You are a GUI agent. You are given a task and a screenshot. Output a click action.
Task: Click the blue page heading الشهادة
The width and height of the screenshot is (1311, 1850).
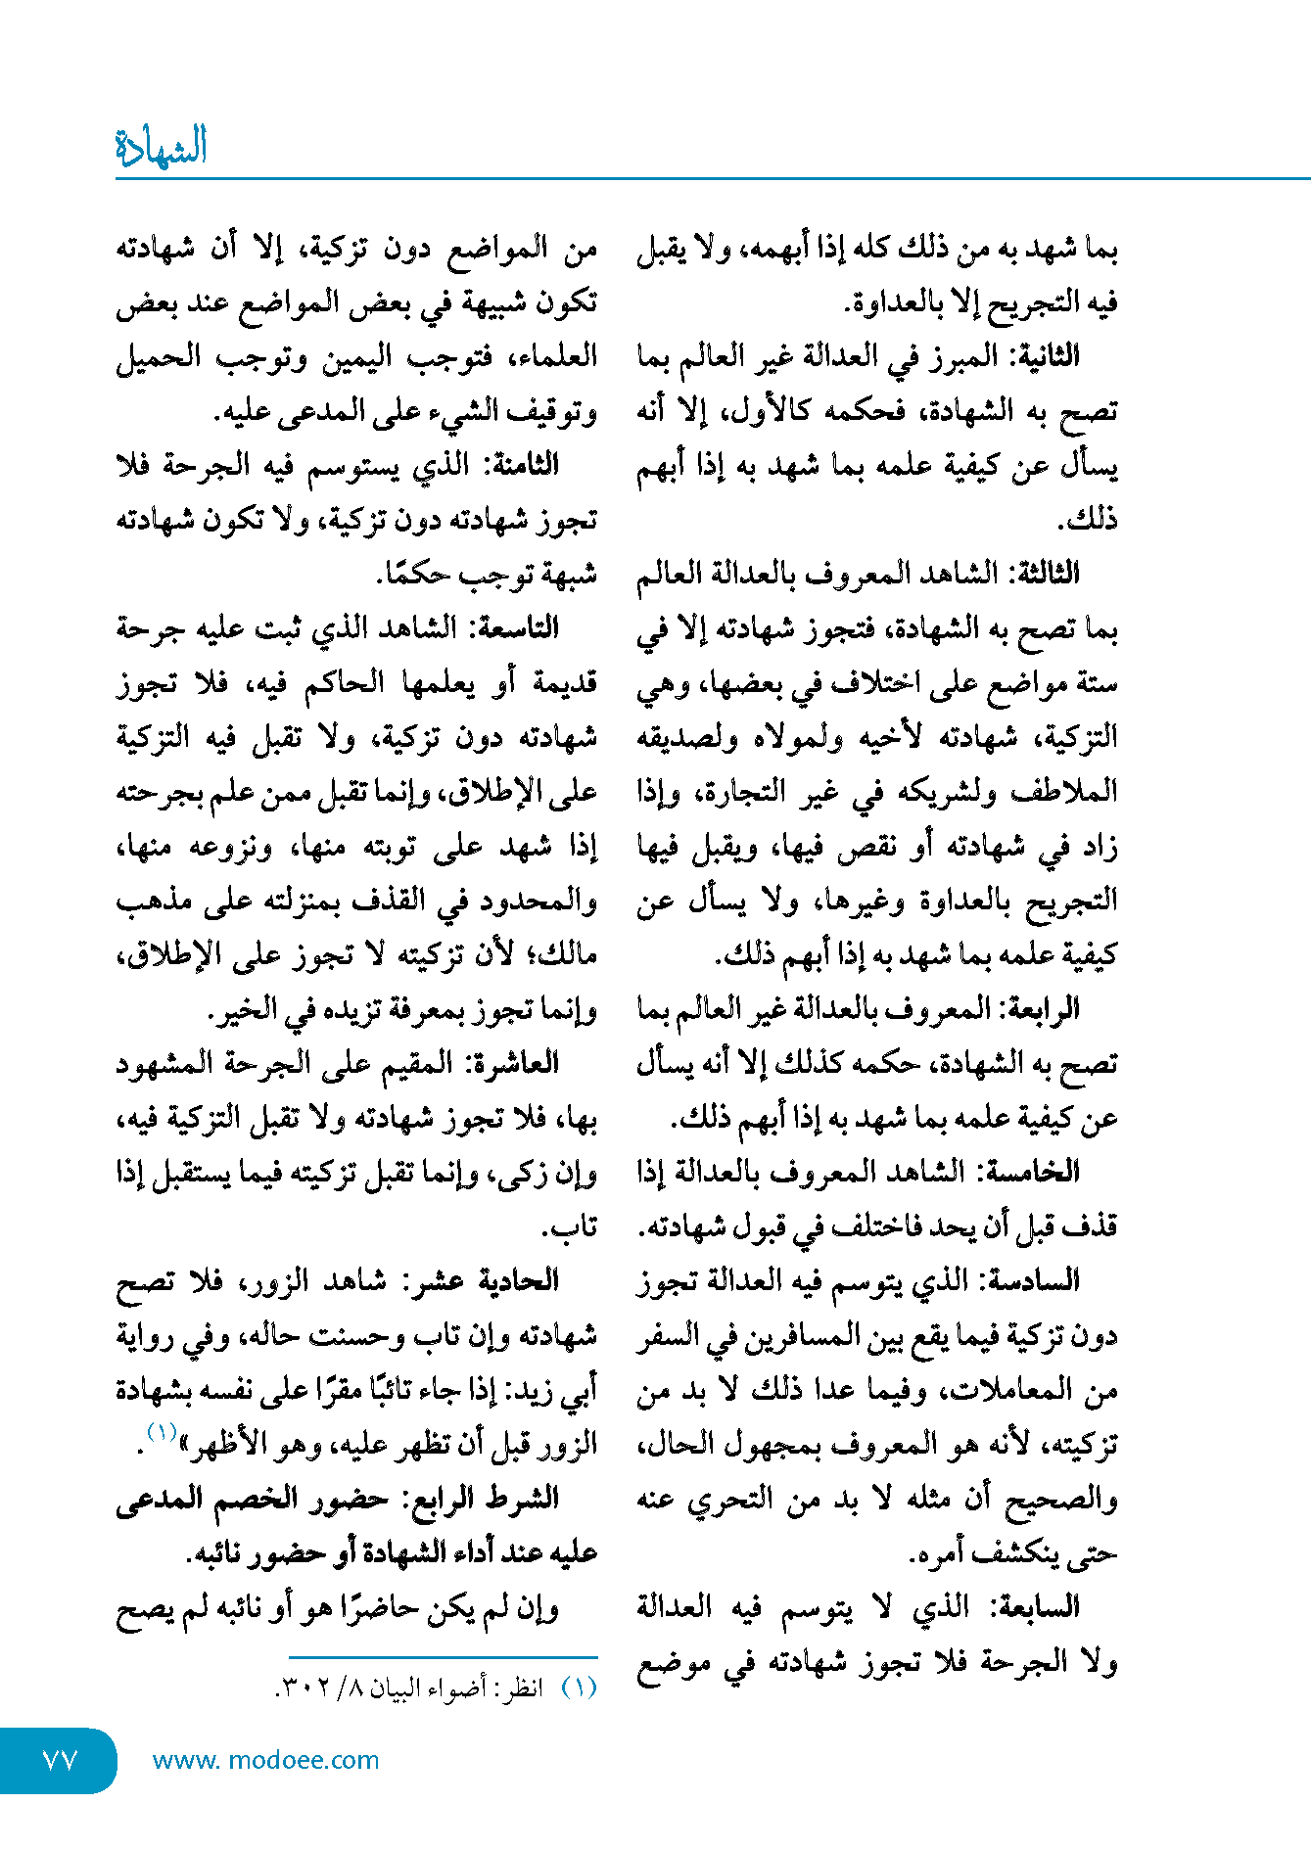162,148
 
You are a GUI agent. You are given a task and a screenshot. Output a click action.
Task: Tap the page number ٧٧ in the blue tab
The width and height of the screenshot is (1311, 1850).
60,1760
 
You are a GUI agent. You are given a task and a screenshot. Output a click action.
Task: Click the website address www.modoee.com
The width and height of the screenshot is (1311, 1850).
265,1760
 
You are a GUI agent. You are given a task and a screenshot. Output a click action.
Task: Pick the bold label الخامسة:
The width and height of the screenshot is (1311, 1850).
1036,1172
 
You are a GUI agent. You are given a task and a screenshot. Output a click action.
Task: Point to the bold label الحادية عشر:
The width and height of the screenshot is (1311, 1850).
489,1280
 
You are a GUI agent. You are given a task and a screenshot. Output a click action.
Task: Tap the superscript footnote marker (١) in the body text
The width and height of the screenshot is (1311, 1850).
161,1432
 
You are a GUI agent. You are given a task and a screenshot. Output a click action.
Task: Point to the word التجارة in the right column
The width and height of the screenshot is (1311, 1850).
742,791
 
